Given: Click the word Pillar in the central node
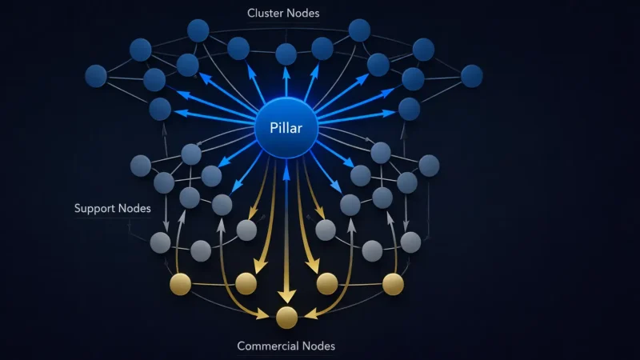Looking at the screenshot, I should coord(286,128).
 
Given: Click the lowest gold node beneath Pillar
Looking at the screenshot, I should coord(286,318).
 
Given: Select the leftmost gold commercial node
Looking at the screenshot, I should coord(180,283).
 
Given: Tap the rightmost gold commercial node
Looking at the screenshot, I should coord(393,283).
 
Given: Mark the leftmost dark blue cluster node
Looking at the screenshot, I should coord(96,76).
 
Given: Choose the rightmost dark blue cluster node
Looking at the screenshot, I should coord(472,76).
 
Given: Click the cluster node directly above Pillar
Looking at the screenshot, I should coord(286,54).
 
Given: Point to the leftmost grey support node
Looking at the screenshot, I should coord(140,166).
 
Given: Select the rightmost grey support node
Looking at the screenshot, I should coord(429,166).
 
